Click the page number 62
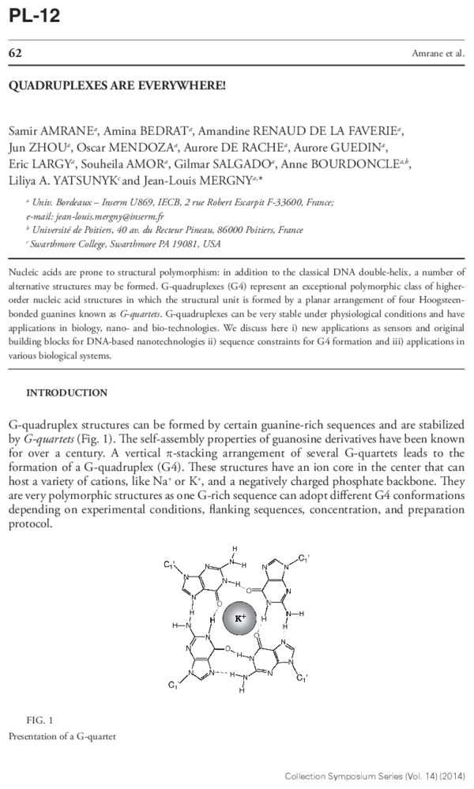coord(14,53)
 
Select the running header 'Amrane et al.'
coord(438,54)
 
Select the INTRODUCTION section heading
coord(66,393)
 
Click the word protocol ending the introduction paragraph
coord(29,525)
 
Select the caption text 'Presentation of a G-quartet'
coord(62,736)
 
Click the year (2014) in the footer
coord(452,776)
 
